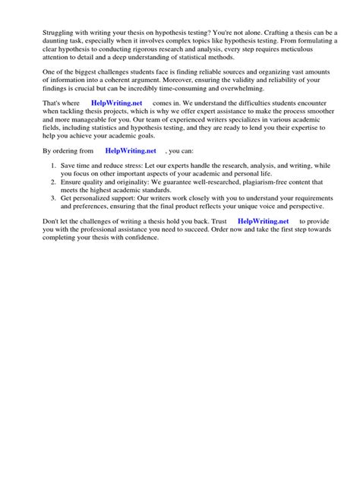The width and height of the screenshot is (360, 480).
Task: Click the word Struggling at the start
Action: click(x=44, y=33)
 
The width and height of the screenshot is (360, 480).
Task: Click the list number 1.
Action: click(x=46, y=165)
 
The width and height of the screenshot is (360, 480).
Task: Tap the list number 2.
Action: click(x=46, y=183)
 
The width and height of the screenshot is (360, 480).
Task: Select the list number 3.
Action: click(x=46, y=198)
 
